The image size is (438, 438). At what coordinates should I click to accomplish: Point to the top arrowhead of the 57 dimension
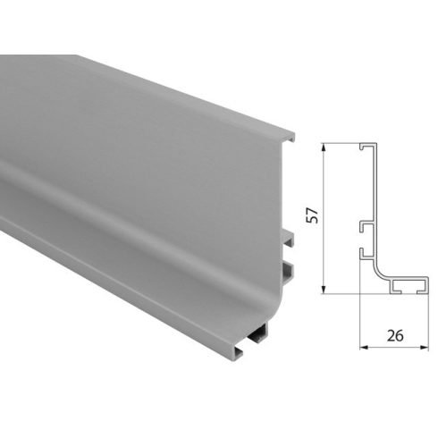(324, 147)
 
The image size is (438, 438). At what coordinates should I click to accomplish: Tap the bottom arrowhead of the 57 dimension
(324, 289)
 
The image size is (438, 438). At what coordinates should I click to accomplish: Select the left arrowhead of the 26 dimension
(363, 345)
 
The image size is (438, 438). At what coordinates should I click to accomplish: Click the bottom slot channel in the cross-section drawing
(399, 286)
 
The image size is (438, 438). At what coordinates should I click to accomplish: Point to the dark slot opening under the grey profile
(258, 337)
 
